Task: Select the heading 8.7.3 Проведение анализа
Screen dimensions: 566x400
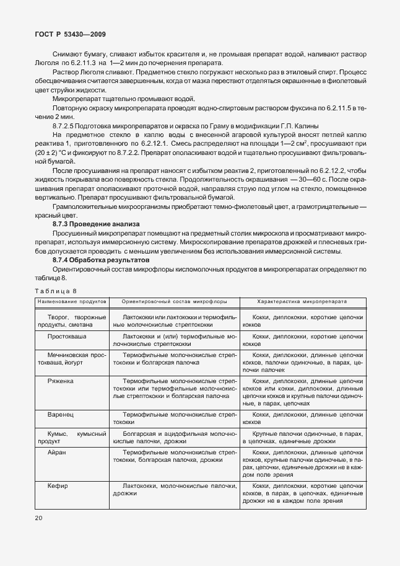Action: [x=95, y=223]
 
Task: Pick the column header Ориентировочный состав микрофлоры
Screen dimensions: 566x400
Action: [x=174, y=301]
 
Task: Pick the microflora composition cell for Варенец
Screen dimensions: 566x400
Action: [x=175, y=418]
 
